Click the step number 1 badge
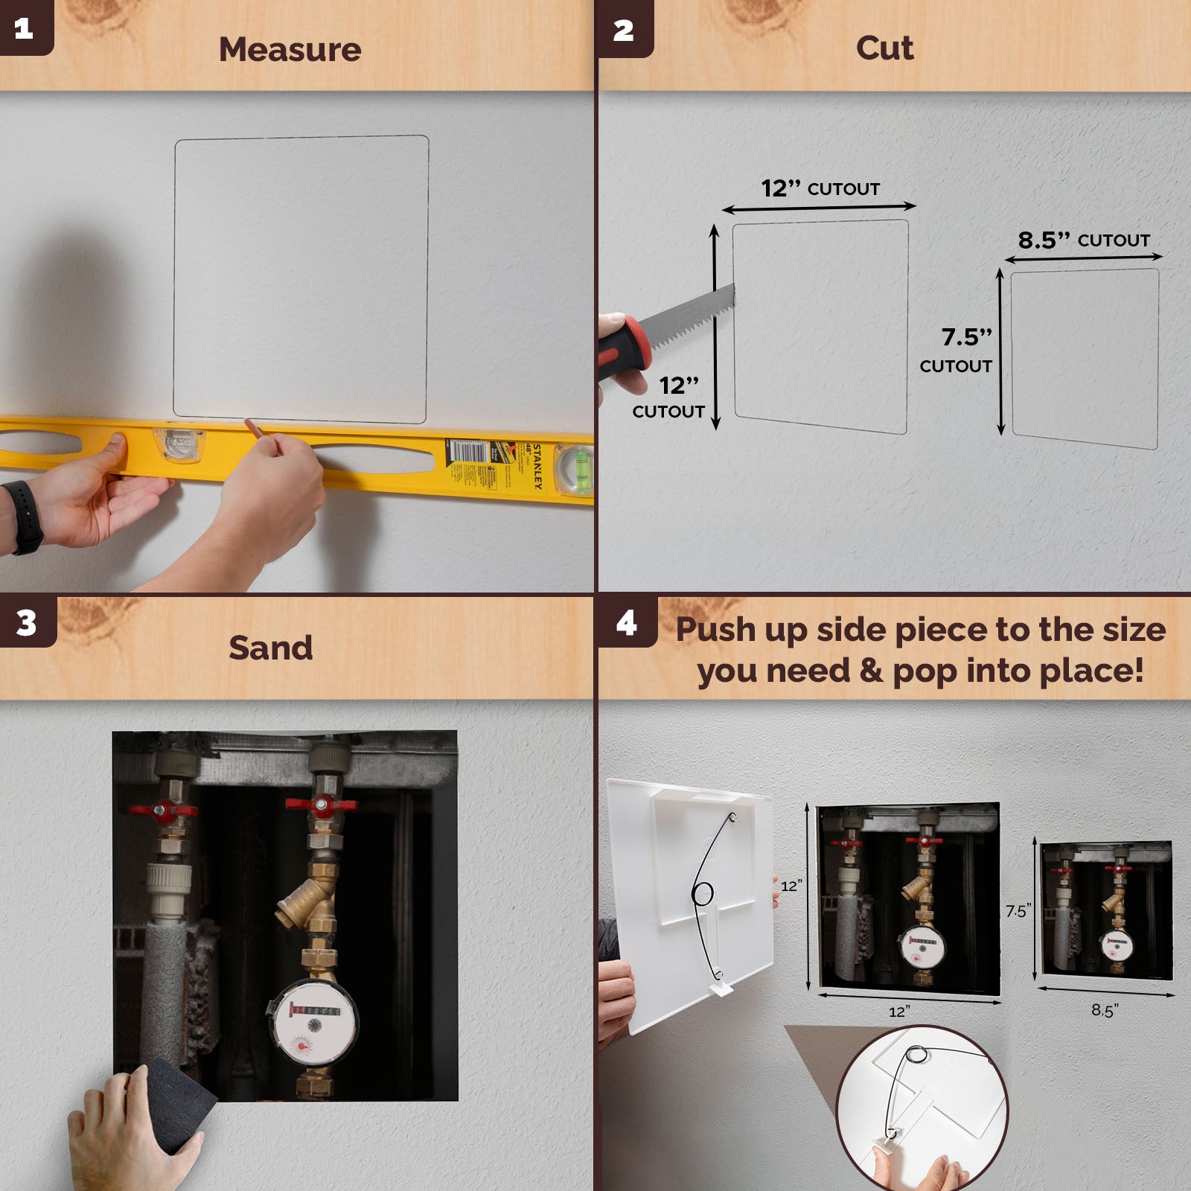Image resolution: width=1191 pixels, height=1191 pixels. click(24, 28)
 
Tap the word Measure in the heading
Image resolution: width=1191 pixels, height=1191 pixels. click(290, 49)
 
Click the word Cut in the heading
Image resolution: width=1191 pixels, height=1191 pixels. click(884, 48)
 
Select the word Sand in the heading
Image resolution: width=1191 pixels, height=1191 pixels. click(270, 647)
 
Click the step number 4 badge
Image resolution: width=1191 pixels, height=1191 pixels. click(626, 622)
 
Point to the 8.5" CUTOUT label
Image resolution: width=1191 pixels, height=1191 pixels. click(1083, 240)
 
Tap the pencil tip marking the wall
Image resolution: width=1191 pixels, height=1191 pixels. click(249, 424)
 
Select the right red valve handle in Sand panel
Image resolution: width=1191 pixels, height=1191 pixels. click(322, 805)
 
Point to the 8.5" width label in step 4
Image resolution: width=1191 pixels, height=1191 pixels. click(1105, 1010)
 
